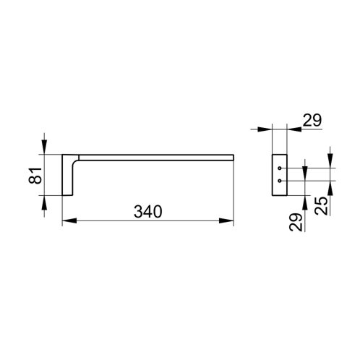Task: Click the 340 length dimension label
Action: (x=148, y=212)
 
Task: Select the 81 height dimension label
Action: (x=35, y=176)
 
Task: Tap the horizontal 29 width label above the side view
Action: (x=312, y=120)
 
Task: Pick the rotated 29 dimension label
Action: (x=296, y=223)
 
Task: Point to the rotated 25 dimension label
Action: (x=321, y=205)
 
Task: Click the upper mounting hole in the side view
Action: (x=279, y=168)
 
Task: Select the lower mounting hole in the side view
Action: (x=279, y=181)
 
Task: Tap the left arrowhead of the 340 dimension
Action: (x=69, y=220)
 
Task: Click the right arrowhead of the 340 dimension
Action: (x=226, y=220)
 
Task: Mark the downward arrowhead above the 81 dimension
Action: (x=44, y=147)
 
